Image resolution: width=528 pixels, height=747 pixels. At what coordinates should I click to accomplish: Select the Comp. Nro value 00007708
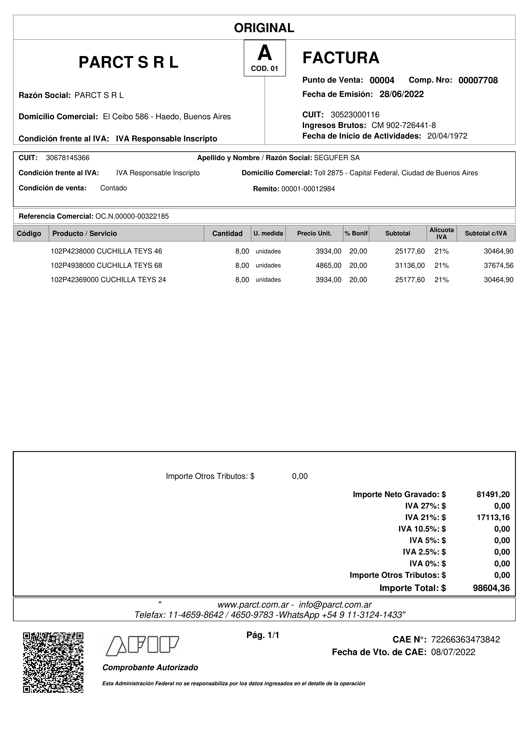(x=478, y=80)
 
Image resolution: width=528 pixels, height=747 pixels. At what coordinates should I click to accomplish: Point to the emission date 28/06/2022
(x=402, y=94)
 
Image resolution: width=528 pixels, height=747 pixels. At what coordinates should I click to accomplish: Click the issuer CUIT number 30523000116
(x=355, y=115)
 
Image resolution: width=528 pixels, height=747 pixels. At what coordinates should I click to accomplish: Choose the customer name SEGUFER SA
(x=337, y=158)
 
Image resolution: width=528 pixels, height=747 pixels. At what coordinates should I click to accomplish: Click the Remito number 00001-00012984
(x=308, y=189)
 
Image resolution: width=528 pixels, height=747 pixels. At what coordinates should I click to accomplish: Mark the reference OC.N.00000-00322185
(x=132, y=216)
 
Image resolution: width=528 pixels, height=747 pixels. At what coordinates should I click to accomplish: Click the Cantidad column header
(x=227, y=233)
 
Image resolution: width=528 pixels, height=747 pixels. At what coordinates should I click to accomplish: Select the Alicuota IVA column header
(x=442, y=233)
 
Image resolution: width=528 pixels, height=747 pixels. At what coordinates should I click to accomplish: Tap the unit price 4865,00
(x=328, y=265)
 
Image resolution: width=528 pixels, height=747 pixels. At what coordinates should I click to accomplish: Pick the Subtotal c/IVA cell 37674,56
(x=498, y=265)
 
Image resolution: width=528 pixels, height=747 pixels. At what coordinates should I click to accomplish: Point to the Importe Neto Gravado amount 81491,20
(x=493, y=495)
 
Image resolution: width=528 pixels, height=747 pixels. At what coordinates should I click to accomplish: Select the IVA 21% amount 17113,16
(x=493, y=517)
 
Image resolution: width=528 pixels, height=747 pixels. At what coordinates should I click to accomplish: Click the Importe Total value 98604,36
(x=491, y=588)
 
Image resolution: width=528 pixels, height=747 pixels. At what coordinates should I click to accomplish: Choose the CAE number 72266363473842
(x=465, y=639)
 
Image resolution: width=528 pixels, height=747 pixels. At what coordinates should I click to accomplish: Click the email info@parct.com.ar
(x=335, y=605)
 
